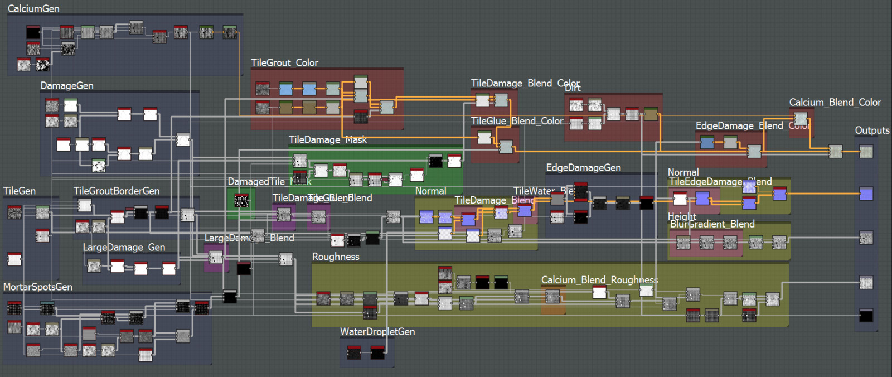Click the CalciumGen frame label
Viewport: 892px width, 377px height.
coord(33,9)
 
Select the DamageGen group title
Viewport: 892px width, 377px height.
coord(67,86)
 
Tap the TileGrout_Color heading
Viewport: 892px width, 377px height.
coord(284,63)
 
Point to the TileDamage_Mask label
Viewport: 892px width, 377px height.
coord(328,140)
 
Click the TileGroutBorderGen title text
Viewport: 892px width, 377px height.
coord(117,191)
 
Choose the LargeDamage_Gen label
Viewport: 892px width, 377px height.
coord(124,248)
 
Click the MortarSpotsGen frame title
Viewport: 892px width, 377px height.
coord(38,287)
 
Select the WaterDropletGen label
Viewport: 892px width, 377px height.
coord(377,332)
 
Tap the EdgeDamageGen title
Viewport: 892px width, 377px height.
coord(583,168)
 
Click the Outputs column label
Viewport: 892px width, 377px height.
coord(872,130)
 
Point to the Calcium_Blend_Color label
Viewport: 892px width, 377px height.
coord(835,103)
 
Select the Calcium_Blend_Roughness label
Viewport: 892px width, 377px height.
coord(599,280)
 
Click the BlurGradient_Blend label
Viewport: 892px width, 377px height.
coord(712,224)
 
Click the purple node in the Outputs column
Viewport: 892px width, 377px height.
coord(866,194)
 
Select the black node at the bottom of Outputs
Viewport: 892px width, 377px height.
coord(866,316)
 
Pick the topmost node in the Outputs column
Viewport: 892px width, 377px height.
coord(866,152)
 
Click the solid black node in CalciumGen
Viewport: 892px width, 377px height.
coord(33,32)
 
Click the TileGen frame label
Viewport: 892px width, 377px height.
coord(20,191)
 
